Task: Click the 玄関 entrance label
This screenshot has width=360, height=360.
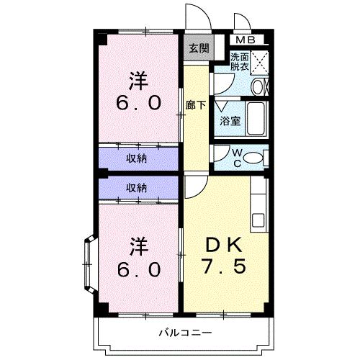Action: point(199,49)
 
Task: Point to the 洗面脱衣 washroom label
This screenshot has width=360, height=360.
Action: point(240,62)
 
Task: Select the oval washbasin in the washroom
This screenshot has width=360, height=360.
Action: point(258,86)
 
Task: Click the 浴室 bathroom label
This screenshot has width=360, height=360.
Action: point(230,122)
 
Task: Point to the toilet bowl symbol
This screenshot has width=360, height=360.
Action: point(258,157)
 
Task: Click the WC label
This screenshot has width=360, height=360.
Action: point(238,158)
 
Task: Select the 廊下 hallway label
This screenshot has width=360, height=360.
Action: point(195,105)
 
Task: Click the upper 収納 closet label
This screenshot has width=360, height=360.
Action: point(137,158)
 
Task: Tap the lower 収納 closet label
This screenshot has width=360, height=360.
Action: point(137,188)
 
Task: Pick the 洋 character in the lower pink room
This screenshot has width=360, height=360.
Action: point(139,246)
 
